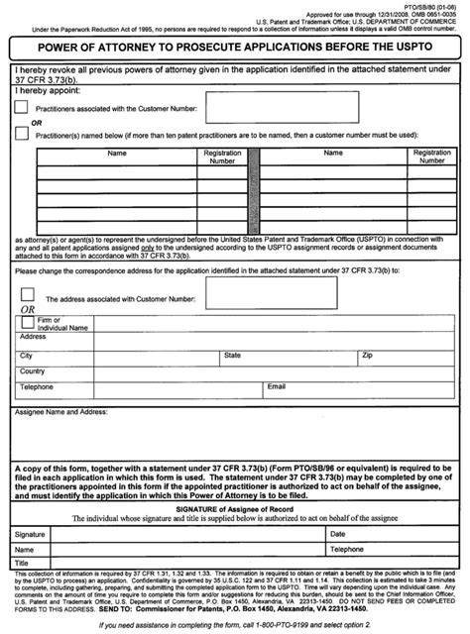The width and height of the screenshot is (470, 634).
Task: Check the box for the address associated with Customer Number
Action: click(x=27, y=294)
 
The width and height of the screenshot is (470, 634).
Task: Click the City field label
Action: click(x=26, y=354)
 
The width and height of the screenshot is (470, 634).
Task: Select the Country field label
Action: click(x=33, y=370)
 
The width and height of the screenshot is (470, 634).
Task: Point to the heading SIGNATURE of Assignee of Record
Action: click(x=234, y=507)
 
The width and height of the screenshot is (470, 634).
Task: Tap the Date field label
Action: click(x=338, y=533)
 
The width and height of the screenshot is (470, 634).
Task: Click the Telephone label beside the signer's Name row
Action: click(x=348, y=548)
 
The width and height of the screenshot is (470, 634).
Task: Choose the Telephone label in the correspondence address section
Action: click(x=38, y=386)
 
